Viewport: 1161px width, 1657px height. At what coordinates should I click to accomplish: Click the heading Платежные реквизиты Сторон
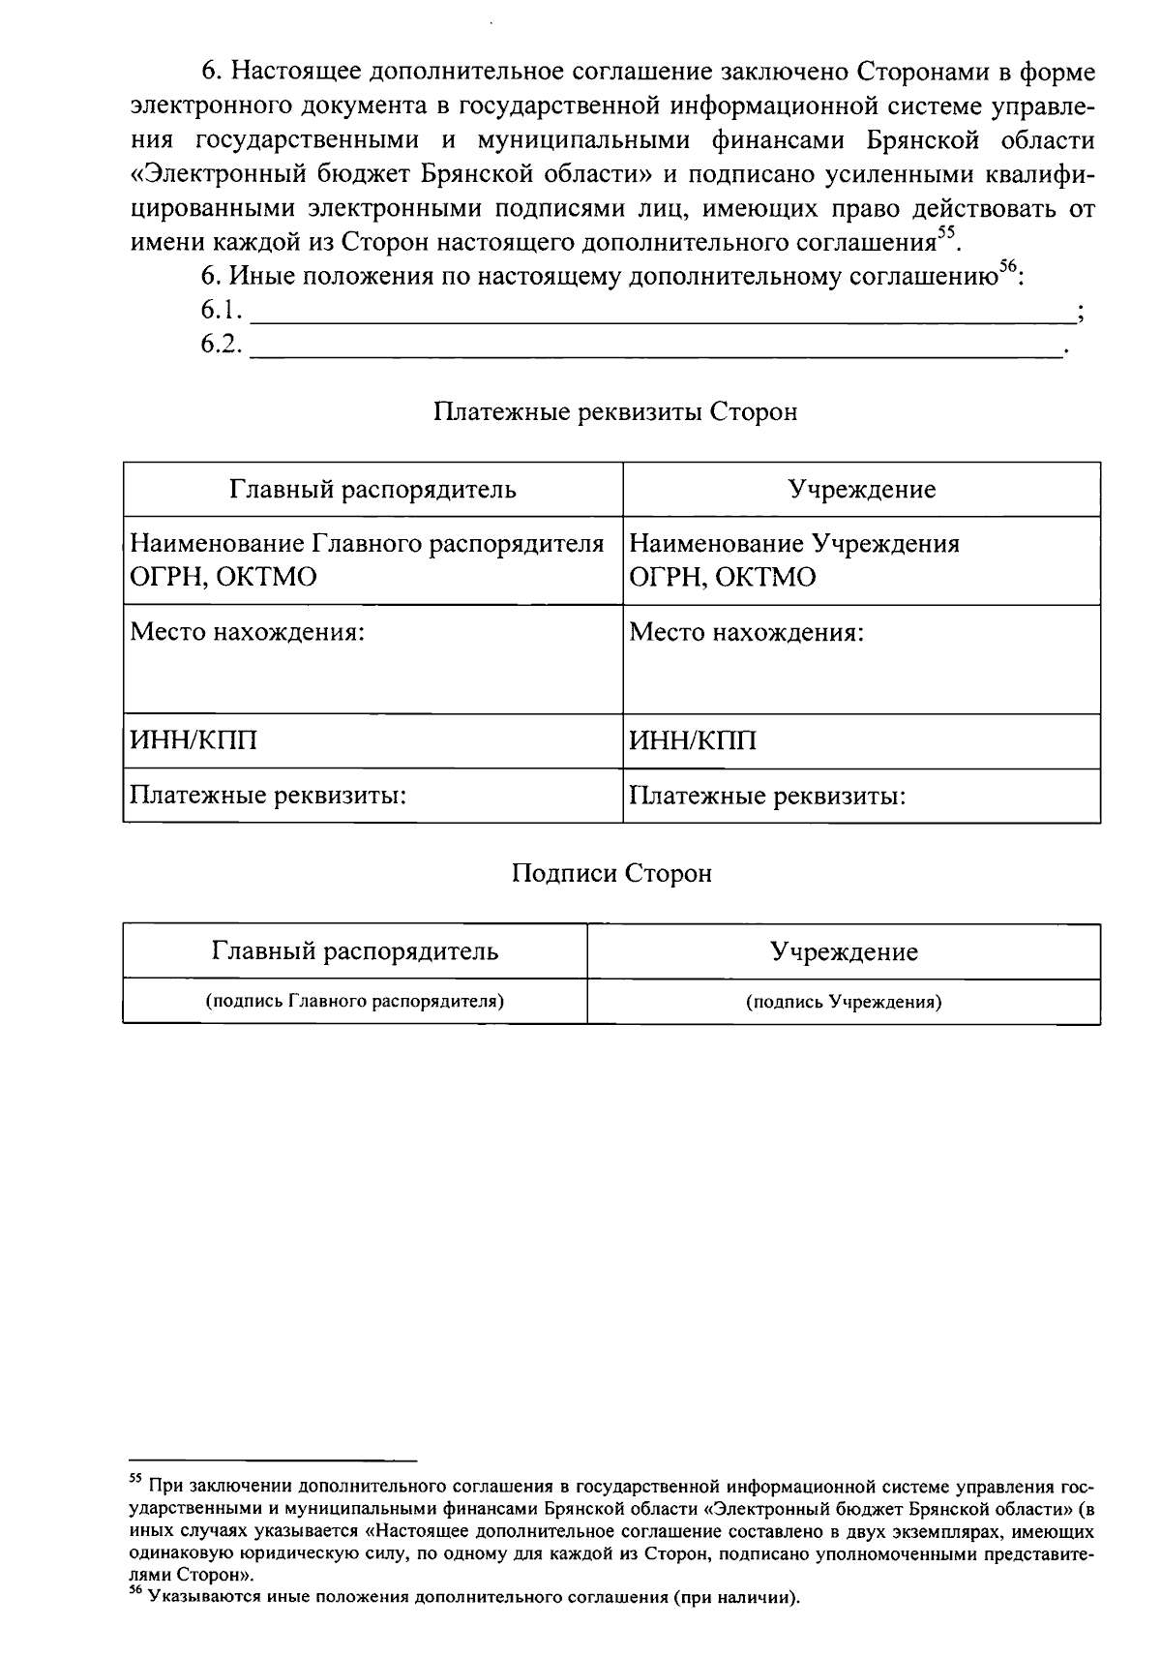coord(615,412)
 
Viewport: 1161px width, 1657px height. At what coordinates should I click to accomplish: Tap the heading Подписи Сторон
coord(611,874)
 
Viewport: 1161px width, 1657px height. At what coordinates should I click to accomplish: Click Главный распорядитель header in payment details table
coord(372,490)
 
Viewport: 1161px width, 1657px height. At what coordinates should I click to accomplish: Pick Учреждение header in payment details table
coord(861,490)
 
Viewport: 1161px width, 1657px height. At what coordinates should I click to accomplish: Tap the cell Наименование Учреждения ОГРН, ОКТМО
coord(861,560)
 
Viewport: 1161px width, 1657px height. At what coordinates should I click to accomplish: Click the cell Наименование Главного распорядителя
coord(372,560)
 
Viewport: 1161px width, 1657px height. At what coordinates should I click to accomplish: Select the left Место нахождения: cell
coord(372,658)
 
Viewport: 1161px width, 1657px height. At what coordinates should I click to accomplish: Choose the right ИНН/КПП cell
coord(861,741)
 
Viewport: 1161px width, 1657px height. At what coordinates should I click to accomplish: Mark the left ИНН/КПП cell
coord(372,741)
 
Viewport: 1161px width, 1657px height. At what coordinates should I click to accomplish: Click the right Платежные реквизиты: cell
coord(861,797)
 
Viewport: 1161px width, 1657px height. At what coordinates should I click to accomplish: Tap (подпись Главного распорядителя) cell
coord(355,1002)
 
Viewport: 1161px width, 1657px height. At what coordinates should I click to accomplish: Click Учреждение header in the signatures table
coord(844,952)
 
